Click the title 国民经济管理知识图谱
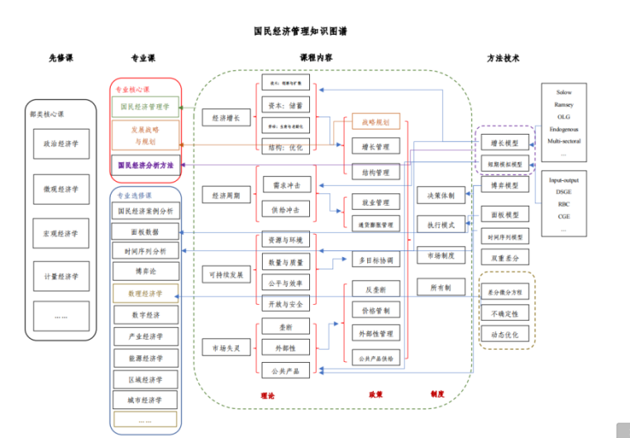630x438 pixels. click(x=300, y=31)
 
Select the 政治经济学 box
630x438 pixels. click(x=61, y=144)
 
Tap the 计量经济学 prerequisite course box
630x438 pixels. click(x=61, y=276)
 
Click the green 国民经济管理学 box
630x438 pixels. click(x=145, y=107)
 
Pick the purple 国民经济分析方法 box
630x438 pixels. click(x=145, y=165)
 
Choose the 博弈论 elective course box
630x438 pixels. click(x=145, y=271)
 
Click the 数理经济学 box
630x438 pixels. click(x=145, y=293)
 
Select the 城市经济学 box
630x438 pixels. click(x=145, y=401)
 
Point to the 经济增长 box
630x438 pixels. click(x=226, y=117)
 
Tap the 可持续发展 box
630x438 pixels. click(x=226, y=274)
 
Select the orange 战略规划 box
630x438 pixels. click(x=375, y=122)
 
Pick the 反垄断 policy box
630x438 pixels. click(x=375, y=289)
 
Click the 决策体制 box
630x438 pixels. click(x=440, y=196)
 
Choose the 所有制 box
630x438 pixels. click(x=440, y=287)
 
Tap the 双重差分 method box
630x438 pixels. click(x=504, y=259)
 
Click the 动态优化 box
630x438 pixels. click(x=504, y=335)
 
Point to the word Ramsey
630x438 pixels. click(x=564, y=105)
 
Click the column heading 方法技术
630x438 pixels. click(x=504, y=59)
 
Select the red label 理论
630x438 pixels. click(x=267, y=395)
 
